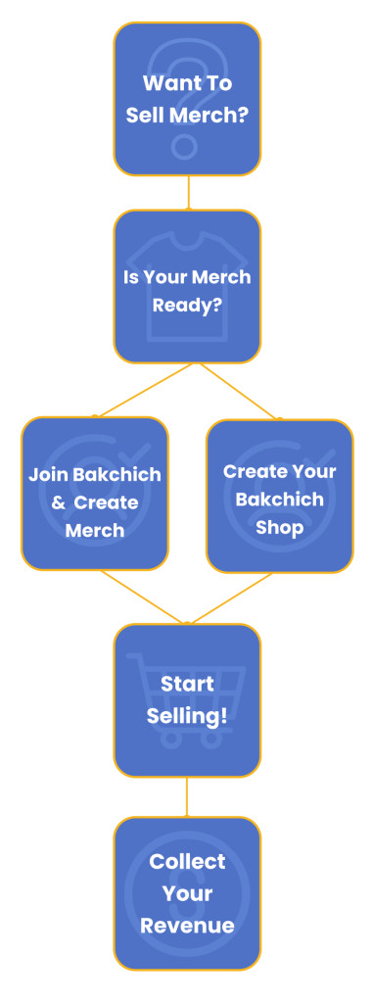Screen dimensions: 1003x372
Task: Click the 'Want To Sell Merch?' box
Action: (x=187, y=99)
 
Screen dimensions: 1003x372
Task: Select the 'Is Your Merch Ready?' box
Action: (x=187, y=287)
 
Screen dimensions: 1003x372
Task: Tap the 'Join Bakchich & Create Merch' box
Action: (x=95, y=494)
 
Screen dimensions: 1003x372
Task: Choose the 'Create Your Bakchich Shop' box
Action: (x=280, y=496)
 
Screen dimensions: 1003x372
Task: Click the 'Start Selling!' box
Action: (x=187, y=699)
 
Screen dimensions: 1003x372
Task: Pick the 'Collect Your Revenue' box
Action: (x=187, y=892)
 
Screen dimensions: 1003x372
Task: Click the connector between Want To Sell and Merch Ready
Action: (x=187, y=193)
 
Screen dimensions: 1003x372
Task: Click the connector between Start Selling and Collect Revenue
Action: (x=187, y=796)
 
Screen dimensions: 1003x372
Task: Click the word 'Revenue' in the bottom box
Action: (x=187, y=925)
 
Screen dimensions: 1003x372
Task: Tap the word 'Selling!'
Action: (x=187, y=715)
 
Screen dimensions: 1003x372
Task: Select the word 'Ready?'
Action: (x=187, y=305)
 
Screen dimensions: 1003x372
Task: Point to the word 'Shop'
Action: (x=280, y=527)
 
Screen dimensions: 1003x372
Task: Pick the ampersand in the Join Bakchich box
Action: (x=58, y=502)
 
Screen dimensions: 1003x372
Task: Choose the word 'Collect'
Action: (x=187, y=862)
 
